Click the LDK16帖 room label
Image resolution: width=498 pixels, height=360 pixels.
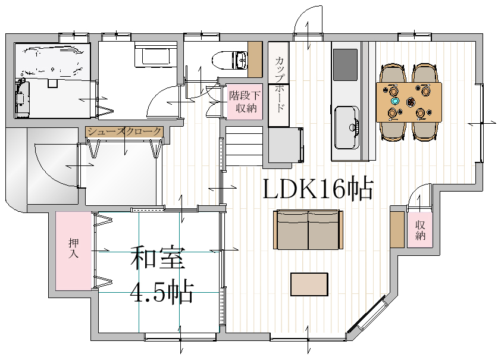pos(318,189)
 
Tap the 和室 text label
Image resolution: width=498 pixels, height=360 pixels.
pos(158,258)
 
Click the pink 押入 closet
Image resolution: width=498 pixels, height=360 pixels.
pos(74,251)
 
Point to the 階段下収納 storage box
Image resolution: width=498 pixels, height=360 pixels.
pos(245,102)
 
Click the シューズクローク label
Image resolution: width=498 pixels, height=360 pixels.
pos(124,132)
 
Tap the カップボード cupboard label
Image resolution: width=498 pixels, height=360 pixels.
pos(279,84)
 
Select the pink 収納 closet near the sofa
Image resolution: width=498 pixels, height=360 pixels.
pos(420,230)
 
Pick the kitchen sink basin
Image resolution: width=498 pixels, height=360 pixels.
pos(347,127)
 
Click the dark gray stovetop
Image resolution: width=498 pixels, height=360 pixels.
pos(345,65)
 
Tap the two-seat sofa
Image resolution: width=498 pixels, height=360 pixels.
pos(308,230)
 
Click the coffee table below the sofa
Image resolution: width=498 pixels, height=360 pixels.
pos(309,284)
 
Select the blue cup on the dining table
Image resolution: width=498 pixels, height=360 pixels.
pos(395,101)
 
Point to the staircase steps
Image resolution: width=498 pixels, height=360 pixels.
pos(244,146)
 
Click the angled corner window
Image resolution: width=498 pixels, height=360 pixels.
pos(369,315)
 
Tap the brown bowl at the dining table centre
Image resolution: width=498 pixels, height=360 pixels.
pos(411,102)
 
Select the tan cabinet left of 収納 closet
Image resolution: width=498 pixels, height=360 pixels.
pos(397,230)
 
